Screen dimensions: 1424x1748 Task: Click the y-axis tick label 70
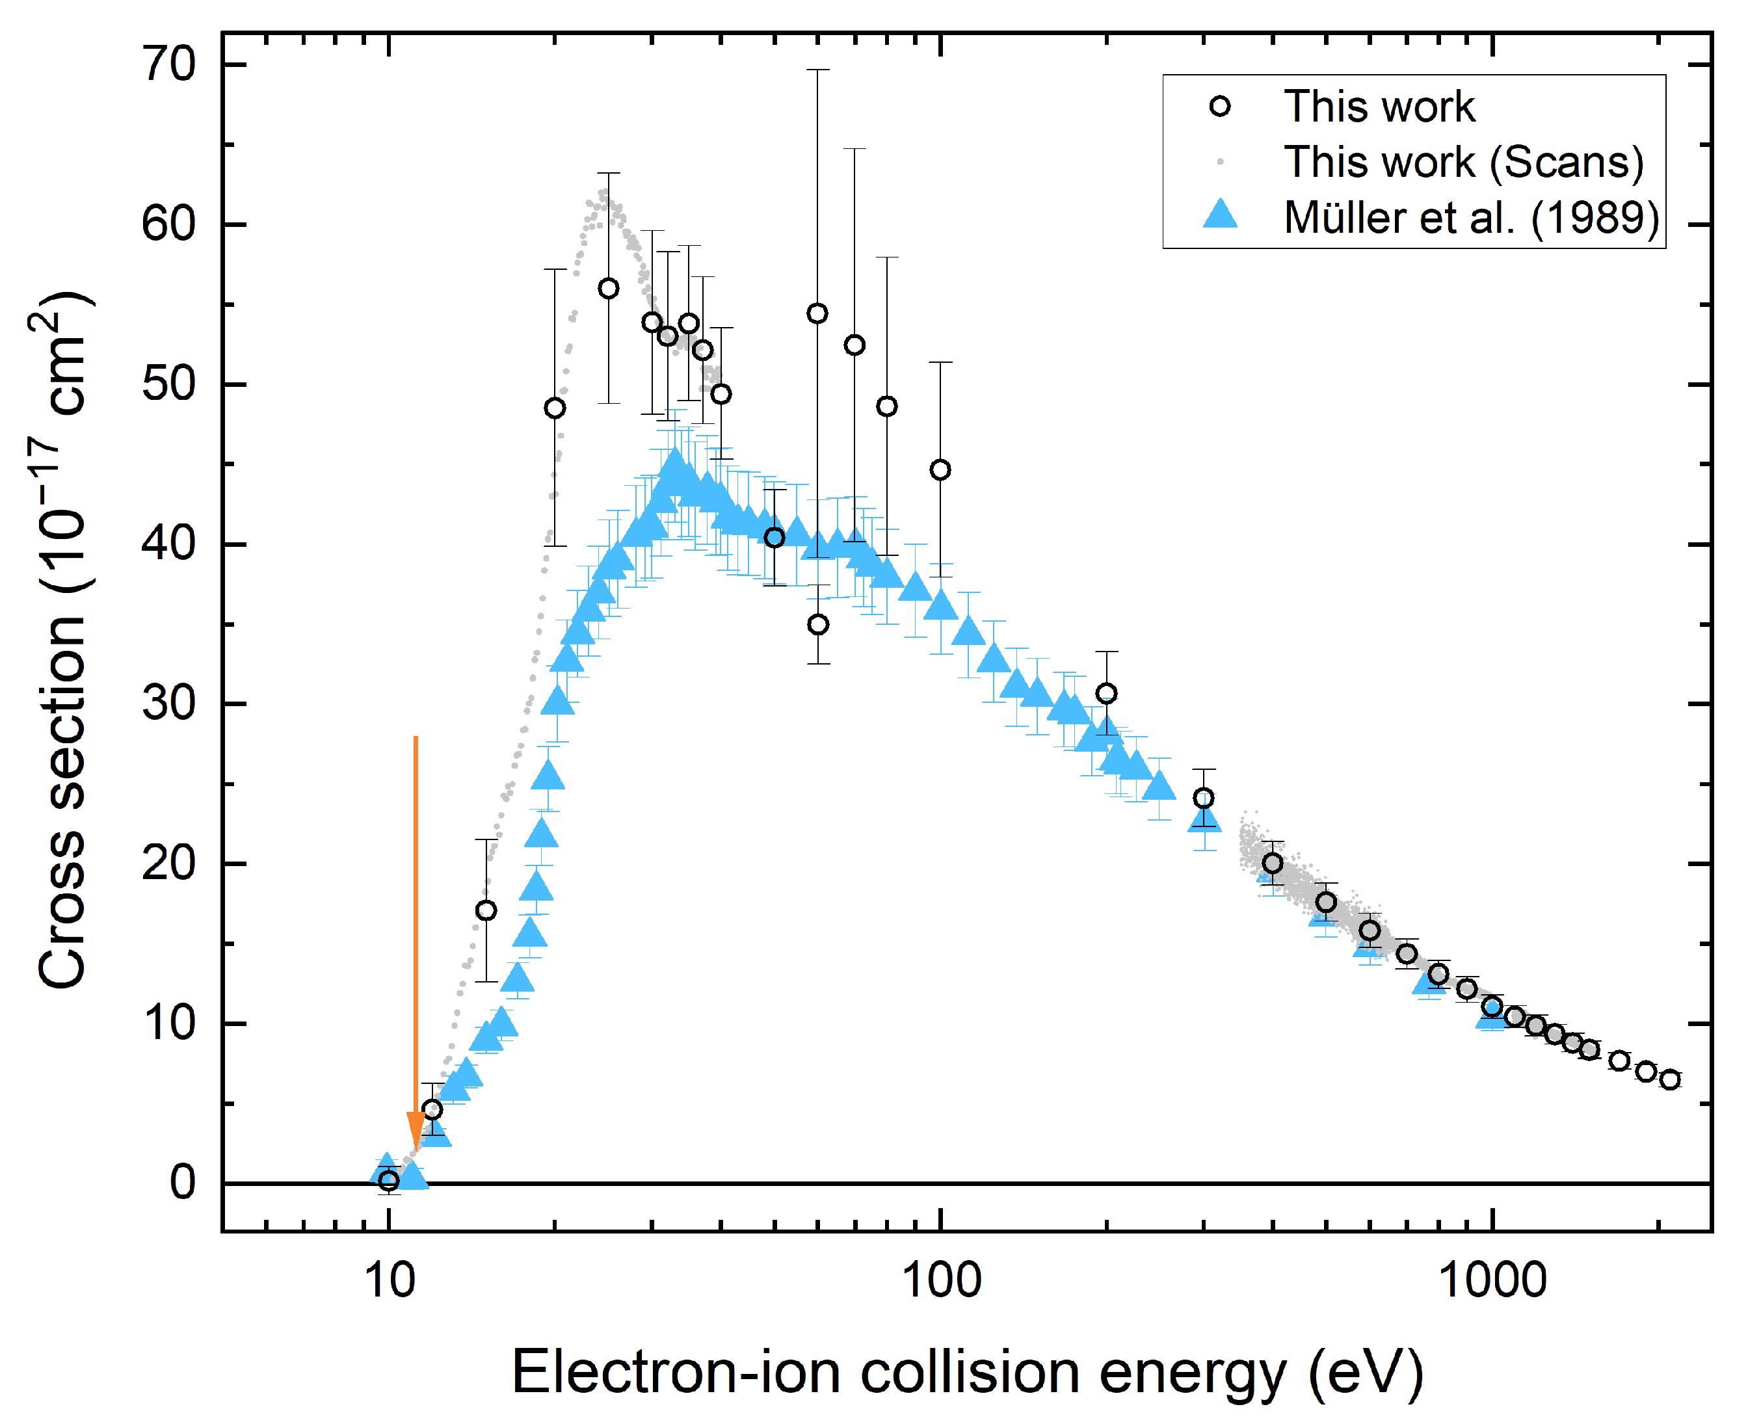point(169,64)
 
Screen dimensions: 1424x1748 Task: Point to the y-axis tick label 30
point(169,703)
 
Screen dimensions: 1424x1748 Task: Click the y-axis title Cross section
point(62,640)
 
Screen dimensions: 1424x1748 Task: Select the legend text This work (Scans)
point(1463,162)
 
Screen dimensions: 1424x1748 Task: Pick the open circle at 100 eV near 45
point(940,469)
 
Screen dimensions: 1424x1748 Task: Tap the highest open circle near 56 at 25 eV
point(608,288)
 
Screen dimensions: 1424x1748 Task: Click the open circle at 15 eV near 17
point(486,910)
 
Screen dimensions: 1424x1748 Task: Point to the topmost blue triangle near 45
point(674,464)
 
